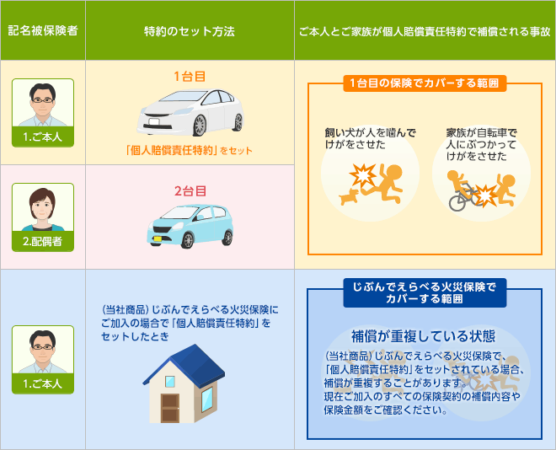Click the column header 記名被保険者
click(43, 30)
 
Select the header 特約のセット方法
click(190, 31)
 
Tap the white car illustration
click(190, 112)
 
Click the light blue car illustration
click(190, 226)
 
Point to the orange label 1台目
click(190, 76)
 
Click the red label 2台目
click(190, 191)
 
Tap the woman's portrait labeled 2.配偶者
click(43, 217)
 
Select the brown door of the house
click(170, 407)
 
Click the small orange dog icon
click(350, 196)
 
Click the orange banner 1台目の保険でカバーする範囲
click(425, 83)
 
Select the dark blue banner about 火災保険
click(425, 292)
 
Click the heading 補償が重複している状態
click(423, 336)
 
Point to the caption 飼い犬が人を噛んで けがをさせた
click(370, 139)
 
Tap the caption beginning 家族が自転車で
click(482, 145)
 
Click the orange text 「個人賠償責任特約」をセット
click(189, 150)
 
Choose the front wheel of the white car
click(200, 126)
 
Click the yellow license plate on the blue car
click(157, 239)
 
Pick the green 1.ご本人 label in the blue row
click(43, 383)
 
